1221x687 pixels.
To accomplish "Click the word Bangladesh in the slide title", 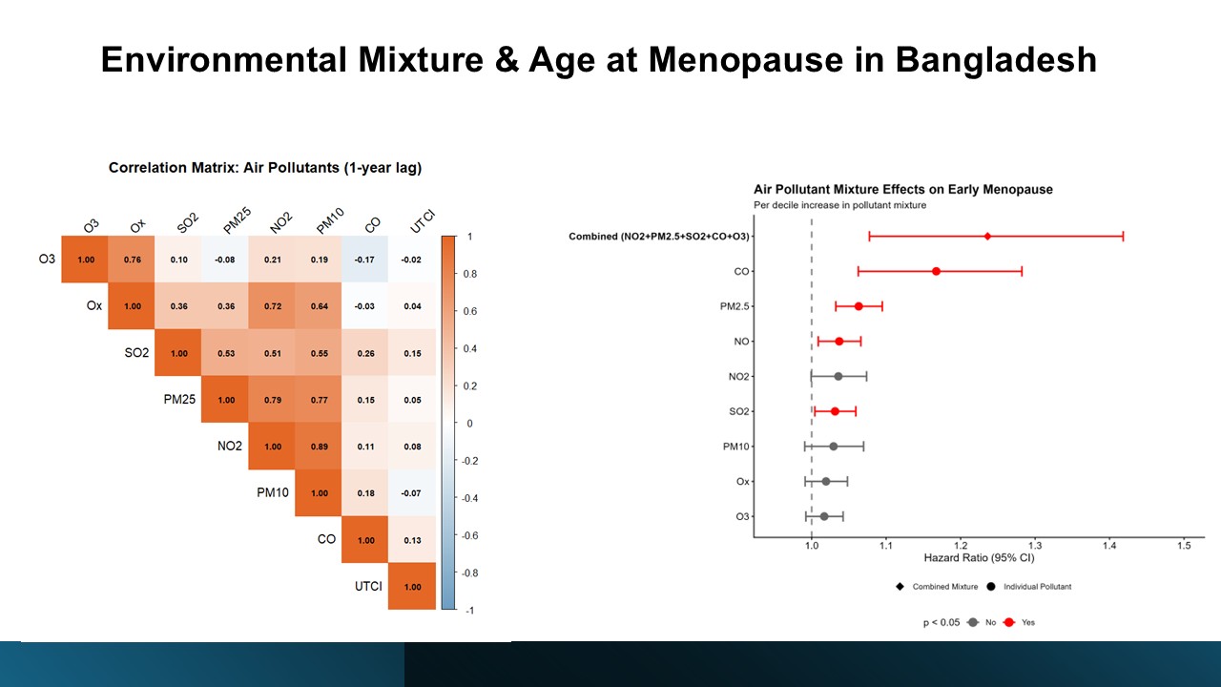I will [x=995, y=60].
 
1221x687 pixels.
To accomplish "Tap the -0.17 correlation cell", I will [x=366, y=260].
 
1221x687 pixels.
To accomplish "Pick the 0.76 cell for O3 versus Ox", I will [x=133, y=260].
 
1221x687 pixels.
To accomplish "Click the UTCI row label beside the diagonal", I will [x=368, y=586].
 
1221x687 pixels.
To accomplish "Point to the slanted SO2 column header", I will [x=187, y=225].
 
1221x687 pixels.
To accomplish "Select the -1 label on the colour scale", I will [x=469, y=610].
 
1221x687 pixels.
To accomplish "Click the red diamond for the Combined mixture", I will [x=987, y=236].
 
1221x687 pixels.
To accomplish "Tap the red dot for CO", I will [x=936, y=271].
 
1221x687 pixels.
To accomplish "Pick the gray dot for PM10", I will [x=833, y=446].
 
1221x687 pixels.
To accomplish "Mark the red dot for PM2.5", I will [x=859, y=306].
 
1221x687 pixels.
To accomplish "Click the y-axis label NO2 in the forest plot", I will [x=738, y=376].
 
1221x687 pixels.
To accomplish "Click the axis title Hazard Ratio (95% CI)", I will [x=978, y=557].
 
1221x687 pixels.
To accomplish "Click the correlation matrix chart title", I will [x=265, y=168].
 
